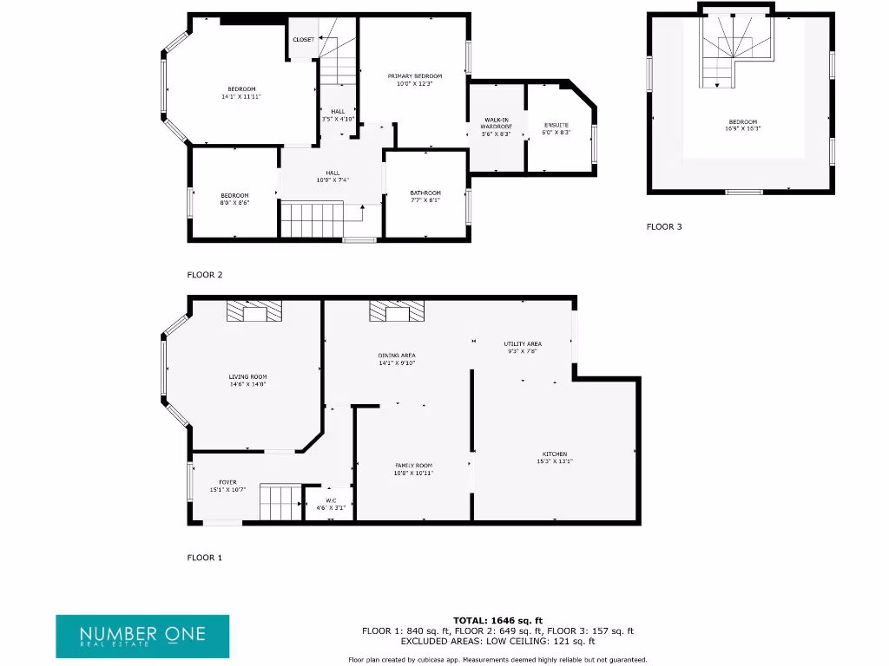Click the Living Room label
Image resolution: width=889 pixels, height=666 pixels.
click(x=247, y=377)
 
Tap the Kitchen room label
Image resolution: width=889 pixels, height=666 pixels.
click(x=555, y=454)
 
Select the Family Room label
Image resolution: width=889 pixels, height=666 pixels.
click(x=413, y=466)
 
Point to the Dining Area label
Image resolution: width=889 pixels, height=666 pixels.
click(x=397, y=356)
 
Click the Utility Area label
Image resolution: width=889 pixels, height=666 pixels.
click(x=523, y=344)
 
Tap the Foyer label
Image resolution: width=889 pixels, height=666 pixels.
click(x=227, y=483)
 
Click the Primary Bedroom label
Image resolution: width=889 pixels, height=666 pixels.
click(x=414, y=76)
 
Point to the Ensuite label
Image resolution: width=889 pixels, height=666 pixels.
click(x=556, y=125)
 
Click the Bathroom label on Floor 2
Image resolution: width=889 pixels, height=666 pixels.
click(x=425, y=193)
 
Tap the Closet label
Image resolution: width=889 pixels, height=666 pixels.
click(x=303, y=40)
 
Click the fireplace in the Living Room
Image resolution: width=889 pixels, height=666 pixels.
click(x=254, y=311)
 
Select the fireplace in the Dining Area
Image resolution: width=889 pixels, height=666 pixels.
click(x=398, y=311)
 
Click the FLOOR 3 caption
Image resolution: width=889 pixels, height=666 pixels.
click(x=664, y=227)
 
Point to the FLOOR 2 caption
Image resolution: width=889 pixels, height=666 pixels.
click(x=205, y=275)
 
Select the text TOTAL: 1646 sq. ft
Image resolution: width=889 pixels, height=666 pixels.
click(x=498, y=621)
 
